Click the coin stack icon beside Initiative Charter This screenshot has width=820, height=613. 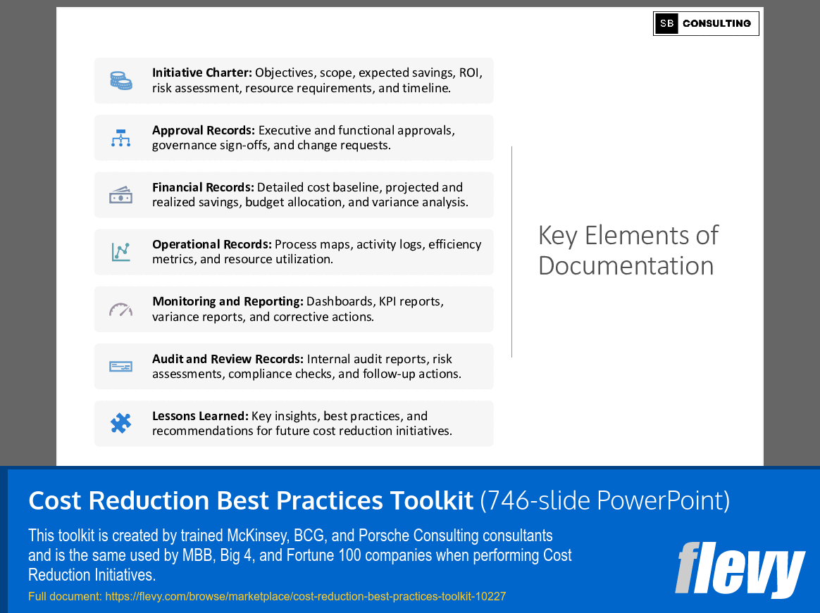point(121,80)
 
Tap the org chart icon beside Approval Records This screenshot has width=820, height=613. point(121,138)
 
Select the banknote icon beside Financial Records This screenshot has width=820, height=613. point(121,195)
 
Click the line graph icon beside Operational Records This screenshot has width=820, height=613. point(121,252)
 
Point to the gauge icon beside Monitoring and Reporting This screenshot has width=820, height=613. point(121,309)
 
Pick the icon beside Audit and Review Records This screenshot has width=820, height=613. point(121,366)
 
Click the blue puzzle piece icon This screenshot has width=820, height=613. point(121,423)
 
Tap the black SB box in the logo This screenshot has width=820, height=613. point(666,23)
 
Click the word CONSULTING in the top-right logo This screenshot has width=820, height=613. point(716,23)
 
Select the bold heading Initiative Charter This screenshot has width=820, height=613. point(201,72)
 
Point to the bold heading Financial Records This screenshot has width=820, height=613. point(203,187)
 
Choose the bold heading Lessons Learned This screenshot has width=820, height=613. point(200,416)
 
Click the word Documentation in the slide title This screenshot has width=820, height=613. point(626,265)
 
